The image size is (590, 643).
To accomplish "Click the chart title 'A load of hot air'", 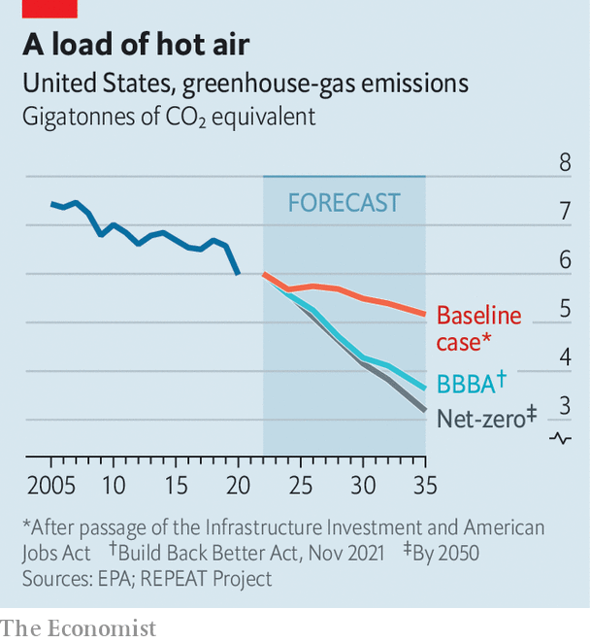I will click(x=136, y=45).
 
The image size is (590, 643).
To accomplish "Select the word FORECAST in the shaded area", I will click(x=344, y=203).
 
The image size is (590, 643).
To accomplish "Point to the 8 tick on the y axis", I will click(x=565, y=161).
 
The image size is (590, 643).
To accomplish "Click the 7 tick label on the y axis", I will click(x=565, y=211).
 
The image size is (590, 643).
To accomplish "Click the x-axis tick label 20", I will click(x=238, y=484).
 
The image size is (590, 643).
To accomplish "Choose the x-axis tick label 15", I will click(x=176, y=484).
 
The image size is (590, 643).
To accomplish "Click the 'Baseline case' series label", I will click(x=478, y=328).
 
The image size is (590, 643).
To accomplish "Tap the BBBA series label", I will click(x=472, y=382).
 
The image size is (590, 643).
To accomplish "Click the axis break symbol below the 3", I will click(x=560, y=438).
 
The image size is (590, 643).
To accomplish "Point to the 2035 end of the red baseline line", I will click(x=424, y=314).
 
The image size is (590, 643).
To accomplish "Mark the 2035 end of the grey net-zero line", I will click(x=424, y=411).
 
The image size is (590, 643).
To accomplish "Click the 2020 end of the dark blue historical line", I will click(x=238, y=274).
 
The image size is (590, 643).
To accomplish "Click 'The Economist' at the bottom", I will click(x=79, y=627).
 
